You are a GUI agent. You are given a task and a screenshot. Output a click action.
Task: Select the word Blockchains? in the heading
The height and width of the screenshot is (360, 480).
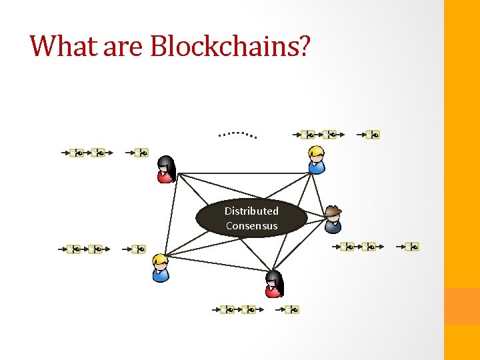[x=230, y=45]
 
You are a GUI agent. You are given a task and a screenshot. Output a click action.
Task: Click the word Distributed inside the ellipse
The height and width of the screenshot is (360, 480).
[x=251, y=211]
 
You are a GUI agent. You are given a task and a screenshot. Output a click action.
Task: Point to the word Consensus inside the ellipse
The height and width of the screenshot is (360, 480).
[x=251, y=225]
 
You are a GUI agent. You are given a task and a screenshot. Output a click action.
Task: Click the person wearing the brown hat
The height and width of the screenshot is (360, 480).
[x=333, y=219]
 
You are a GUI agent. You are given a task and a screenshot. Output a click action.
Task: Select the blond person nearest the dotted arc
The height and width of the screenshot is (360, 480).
[x=316, y=160]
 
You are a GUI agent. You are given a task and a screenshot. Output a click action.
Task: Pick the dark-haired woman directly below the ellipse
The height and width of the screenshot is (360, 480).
[x=274, y=284]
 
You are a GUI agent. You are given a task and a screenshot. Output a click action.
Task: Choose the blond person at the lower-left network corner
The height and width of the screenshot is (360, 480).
[x=161, y=268]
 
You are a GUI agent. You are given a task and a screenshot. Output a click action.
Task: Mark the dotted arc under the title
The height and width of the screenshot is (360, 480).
[x=238, y=133]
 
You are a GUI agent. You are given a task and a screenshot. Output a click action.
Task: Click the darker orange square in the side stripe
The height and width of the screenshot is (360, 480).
[x=462, y=306]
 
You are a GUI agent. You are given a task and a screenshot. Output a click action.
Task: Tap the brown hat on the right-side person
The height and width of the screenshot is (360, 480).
[x=333, y=211]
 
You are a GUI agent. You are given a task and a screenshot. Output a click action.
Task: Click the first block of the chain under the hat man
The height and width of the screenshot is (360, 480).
[x=347, y=247]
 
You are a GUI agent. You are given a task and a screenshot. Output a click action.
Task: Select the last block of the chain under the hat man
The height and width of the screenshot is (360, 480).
[x=413, y=247]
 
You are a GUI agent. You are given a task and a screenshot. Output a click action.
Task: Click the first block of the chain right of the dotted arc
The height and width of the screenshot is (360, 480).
[x=309, y=135]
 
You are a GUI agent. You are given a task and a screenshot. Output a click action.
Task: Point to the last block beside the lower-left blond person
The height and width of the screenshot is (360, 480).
[x=139, y=249]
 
